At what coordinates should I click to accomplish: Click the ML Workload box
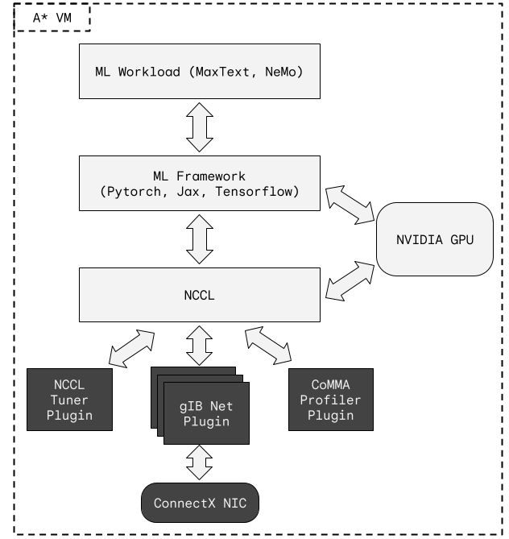tap(199, 71)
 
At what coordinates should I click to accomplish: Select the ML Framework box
tap(199, 184)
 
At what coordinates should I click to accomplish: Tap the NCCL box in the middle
tap(199, 295)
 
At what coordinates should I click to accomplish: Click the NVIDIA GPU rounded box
tap(435, 239)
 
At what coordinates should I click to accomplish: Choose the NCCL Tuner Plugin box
tap(69, 400)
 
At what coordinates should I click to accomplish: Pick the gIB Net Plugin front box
tap(206, 413)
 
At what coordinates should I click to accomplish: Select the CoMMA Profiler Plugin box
tap(330, 400)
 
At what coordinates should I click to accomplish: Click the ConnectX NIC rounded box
tap(200, 504)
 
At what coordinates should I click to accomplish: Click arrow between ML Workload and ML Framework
tap(199, 127)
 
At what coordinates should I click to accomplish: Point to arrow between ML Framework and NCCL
tap(199, 239)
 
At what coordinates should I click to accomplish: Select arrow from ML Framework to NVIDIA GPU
tap(350, 205)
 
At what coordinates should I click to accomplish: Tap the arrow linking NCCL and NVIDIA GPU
tap(350, 280)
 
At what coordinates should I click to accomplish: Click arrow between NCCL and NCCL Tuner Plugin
tap(131, 348)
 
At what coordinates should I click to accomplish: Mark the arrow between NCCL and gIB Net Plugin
tap(199, 345)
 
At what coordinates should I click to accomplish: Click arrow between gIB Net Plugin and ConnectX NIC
tap(199, 463)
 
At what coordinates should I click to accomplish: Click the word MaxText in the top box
tap(221, 71)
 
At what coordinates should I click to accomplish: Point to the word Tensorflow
tap(260, 192)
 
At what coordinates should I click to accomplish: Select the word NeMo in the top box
tap(283, 71)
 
